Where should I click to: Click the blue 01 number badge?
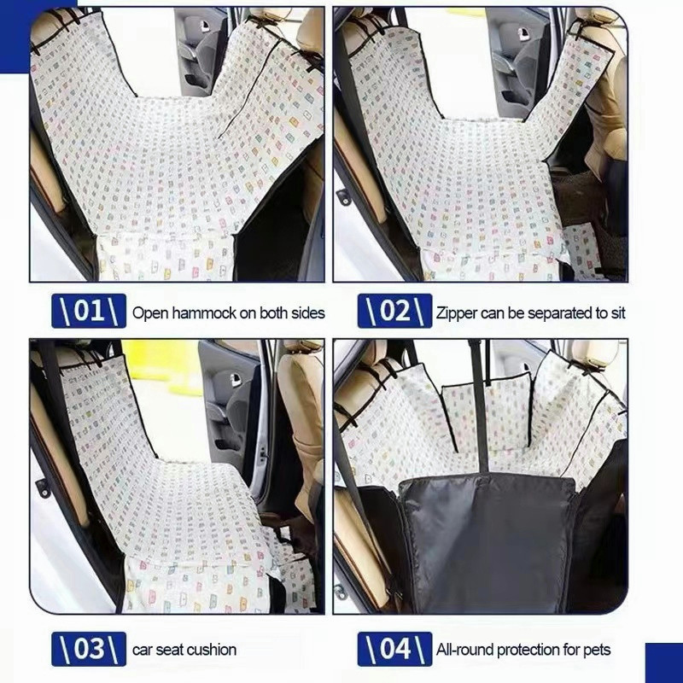[x=89, y=311]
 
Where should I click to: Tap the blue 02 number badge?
[x=394, y=311]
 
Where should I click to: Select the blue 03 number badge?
[x=89, y=649]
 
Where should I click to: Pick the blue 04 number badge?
[x=394, y=649]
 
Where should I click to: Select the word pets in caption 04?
[x=597, y=650]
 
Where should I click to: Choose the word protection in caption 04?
[x=528, y=651]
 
